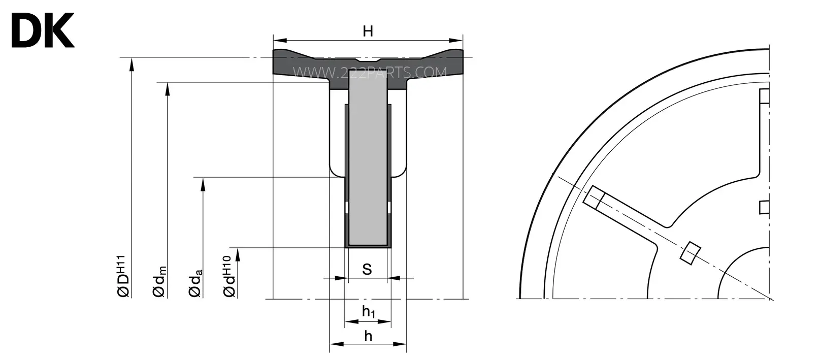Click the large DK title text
[x=43, y=30]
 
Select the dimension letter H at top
[x=368, y=31]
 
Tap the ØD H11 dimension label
[x=123, y=276]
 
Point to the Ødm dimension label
[x=159, y=282]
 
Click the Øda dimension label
[x=195, y=283]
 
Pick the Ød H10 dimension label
[x=229, y=276]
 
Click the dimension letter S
[x=367, y=270]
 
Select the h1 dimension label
[x=369, y=312]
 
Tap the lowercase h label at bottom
[x=368, y=336]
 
